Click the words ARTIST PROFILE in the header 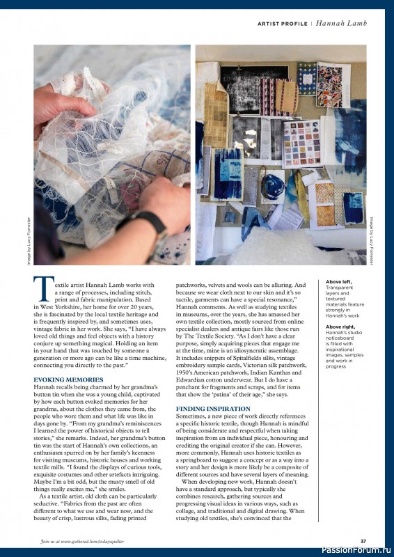pos(283,24)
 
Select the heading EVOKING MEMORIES pos(68,379)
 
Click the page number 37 pos(363,542)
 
